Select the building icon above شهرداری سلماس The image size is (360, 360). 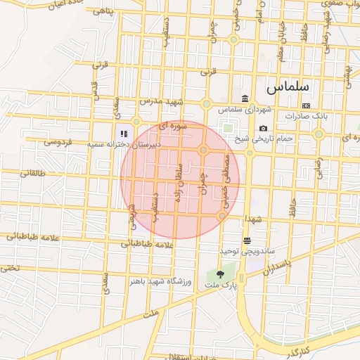[244, 98]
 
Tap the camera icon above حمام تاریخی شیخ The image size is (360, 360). [263, 128]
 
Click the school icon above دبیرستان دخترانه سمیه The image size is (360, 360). [124, 133]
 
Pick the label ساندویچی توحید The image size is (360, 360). [247, 251]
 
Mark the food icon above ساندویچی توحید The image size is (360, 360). [247, 240]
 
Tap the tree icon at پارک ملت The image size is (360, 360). [221, 275]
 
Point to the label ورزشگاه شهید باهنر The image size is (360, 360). [160, 281]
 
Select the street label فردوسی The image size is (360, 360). [58, 142]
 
